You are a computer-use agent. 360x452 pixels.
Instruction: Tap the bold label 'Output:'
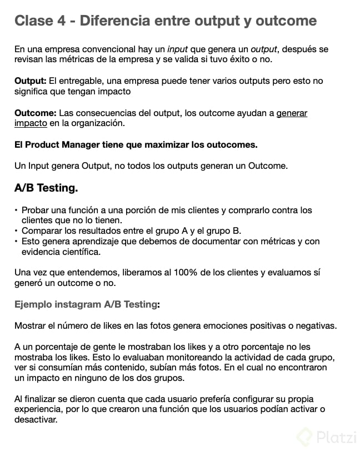30,81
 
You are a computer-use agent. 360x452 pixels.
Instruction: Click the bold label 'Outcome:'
35,113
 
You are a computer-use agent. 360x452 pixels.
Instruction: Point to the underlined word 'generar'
292,113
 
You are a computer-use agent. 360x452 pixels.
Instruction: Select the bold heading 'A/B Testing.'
46,188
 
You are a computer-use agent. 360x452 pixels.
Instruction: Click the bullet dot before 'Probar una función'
16,210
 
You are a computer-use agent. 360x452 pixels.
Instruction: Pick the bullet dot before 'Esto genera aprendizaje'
16,242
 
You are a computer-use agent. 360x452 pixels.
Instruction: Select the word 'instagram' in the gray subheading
78,304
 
